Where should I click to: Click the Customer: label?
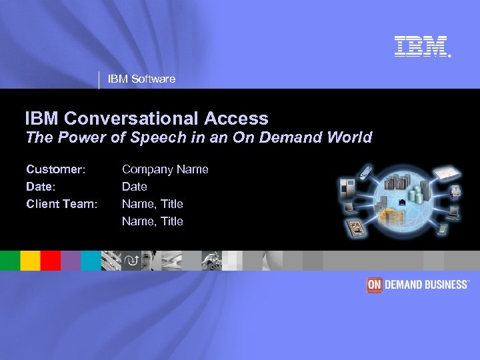55,170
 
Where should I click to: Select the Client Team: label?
61,203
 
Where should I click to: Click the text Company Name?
165,170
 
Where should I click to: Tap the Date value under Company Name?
134,187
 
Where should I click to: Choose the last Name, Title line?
152,221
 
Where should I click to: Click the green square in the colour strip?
10,260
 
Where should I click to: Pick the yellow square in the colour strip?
29,260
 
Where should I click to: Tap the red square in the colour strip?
50,260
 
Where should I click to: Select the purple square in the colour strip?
70,260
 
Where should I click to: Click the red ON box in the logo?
374,285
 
